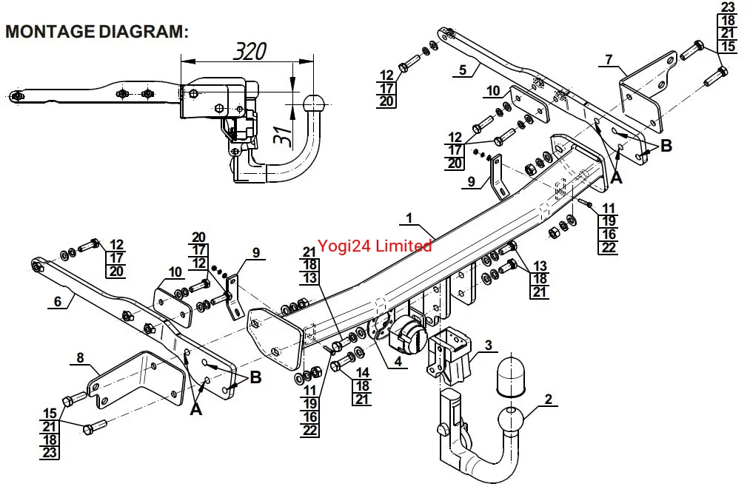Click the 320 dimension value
(x=250, y=51)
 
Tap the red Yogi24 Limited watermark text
(x=375, y=246)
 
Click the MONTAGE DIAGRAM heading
(x=97, y=32)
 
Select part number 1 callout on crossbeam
(x=409, y=218)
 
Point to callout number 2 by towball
(x=548, y=399)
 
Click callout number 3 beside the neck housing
(x=489, y=345)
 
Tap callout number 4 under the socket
(x=398, y=362)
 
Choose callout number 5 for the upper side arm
(x=463, y=70)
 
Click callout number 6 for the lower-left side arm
(x=58, y=301)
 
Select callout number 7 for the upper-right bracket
(x=609, y=60)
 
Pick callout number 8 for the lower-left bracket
(x=81, y=357)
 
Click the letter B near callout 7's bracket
(x=666, y=146)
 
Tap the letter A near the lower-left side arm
(x=196, y=409)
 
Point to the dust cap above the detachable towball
(x=511, y=375)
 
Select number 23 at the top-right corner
(x=728, y=7)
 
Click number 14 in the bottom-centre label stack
(x=363, y=372)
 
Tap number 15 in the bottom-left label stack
(x=50, y=414)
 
